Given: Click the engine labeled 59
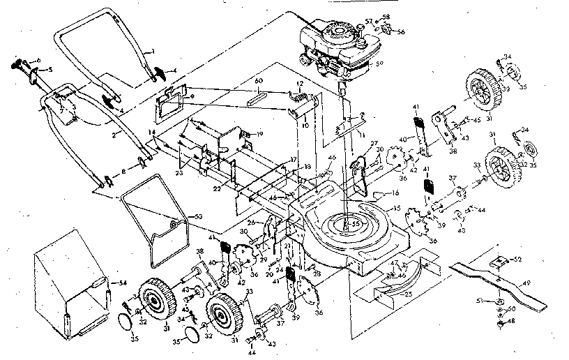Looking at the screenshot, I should pos(335,49).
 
